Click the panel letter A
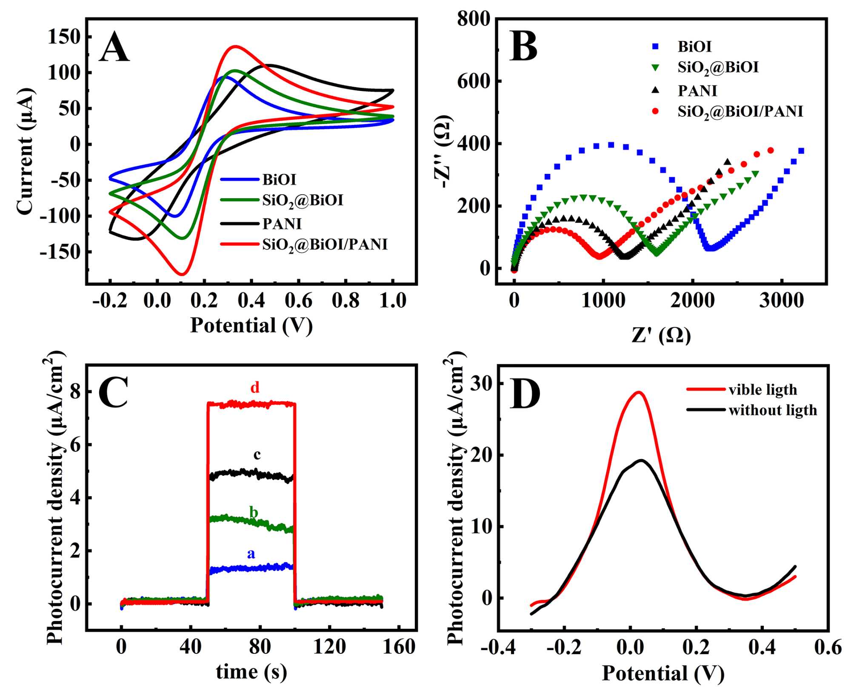(x=114, y=48)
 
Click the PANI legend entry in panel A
(x=282, y=224)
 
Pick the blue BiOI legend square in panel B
(x=655, y=46)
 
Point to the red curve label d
(x=254, y=387)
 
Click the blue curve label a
(x=251, y=554)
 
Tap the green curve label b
(x=254, y=512)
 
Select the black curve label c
(x=257, y=455)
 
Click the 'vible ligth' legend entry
(x=762, y=389)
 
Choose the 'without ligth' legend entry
(x=773, y=410)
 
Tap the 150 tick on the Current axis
(x=64, y=37)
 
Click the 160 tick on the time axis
(x=399, y=647)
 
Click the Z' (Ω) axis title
(x=661, y=335)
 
